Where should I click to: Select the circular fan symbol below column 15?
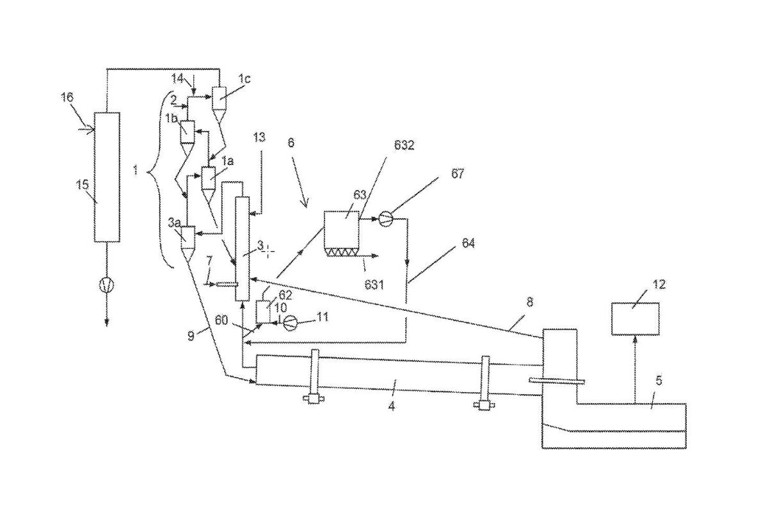coord(107,285)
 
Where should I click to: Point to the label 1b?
coord(171,118)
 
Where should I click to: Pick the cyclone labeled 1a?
coord(208,177)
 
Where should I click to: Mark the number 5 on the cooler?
coord(658,381)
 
